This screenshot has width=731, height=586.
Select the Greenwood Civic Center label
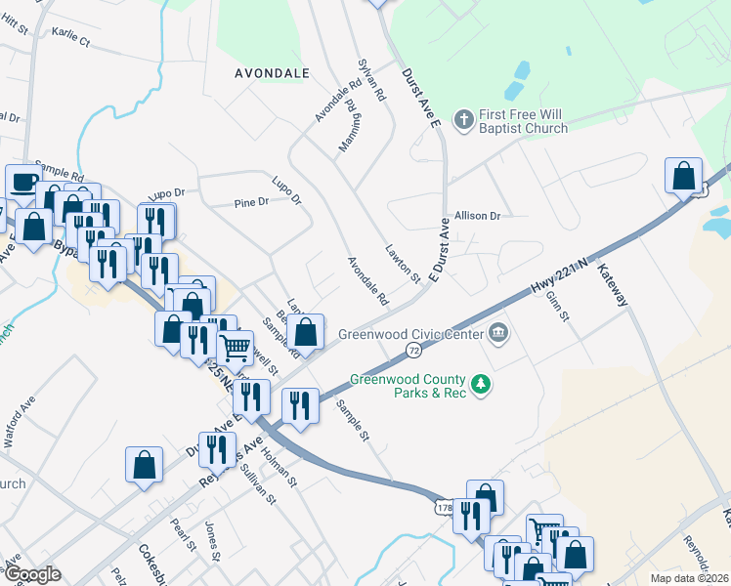pos(411,334)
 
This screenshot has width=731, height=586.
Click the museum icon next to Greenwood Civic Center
pos(498,334)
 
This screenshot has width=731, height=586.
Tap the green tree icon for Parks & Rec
pos(480,387)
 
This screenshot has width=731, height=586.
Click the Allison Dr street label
pos(477,216)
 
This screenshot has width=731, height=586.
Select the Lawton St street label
pos(402,264)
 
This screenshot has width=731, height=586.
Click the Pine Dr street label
pos(251,203)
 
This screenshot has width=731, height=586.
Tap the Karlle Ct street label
pos(70,43)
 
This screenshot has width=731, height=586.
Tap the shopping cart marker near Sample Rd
pos(235,346)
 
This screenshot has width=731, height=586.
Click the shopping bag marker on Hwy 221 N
pos(683,176)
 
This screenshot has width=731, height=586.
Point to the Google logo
pos(33,574)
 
